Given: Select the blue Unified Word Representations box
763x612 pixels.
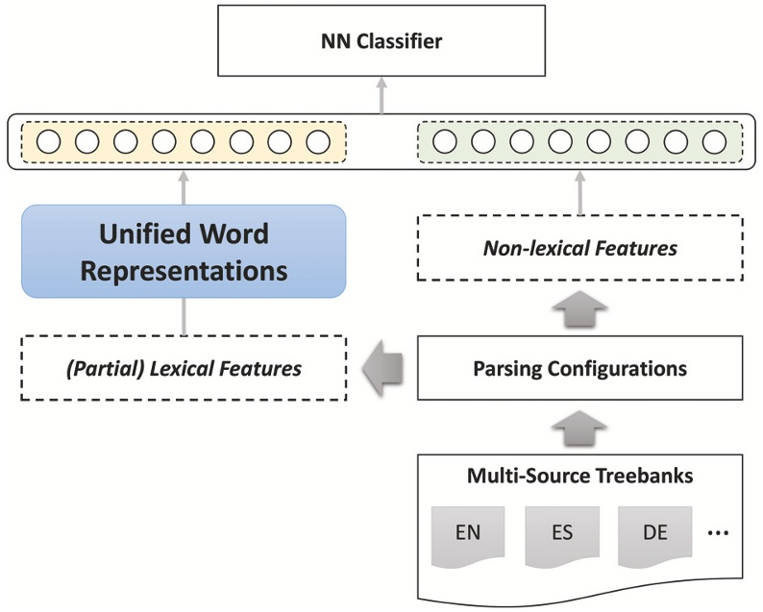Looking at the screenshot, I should pos(184,252).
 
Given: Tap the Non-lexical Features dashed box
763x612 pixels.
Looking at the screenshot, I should pos(580,249).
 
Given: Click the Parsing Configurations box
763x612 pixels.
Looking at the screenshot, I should pos(580,368).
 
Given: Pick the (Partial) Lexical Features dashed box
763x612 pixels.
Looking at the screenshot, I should pos(184,368).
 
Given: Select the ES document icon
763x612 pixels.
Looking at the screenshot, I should pos(559,531).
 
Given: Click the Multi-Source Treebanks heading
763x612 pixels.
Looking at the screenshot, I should pos(580,475).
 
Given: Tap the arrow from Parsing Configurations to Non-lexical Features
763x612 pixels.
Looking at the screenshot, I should pos(580,308).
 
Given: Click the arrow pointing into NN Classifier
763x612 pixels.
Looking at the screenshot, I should pos(381,96).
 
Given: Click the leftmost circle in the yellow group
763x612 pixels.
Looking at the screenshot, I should pos(48,142).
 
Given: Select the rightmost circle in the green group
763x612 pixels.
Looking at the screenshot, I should pos(713,142).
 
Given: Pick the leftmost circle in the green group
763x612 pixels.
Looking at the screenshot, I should pos(444,142).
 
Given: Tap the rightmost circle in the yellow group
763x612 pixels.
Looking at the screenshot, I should pos(317,142).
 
